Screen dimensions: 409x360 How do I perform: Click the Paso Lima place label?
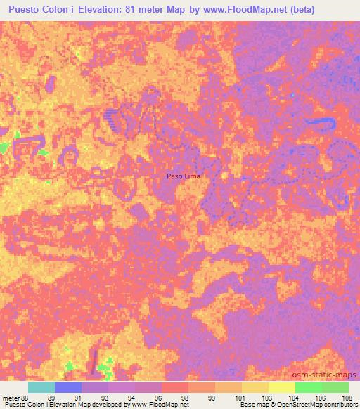pyautogui.click(x=183, y=176)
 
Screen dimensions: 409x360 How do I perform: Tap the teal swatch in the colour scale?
pyautogui.click(x=41, y=387)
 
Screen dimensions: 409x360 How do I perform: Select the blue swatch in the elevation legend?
pyautogui.click(x=68, y=387)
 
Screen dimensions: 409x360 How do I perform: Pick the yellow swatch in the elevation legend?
pyautogui.click(x=255, y=387)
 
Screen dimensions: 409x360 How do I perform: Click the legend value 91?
pyautogui.click(x=77, y=397)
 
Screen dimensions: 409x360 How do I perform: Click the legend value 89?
pyautogui.click(x=50, y=397)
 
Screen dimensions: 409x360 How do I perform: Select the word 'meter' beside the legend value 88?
pyautogui.click(x=11, y=397)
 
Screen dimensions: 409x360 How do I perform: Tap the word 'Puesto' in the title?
pyautogui.click(x=26, y=8)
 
